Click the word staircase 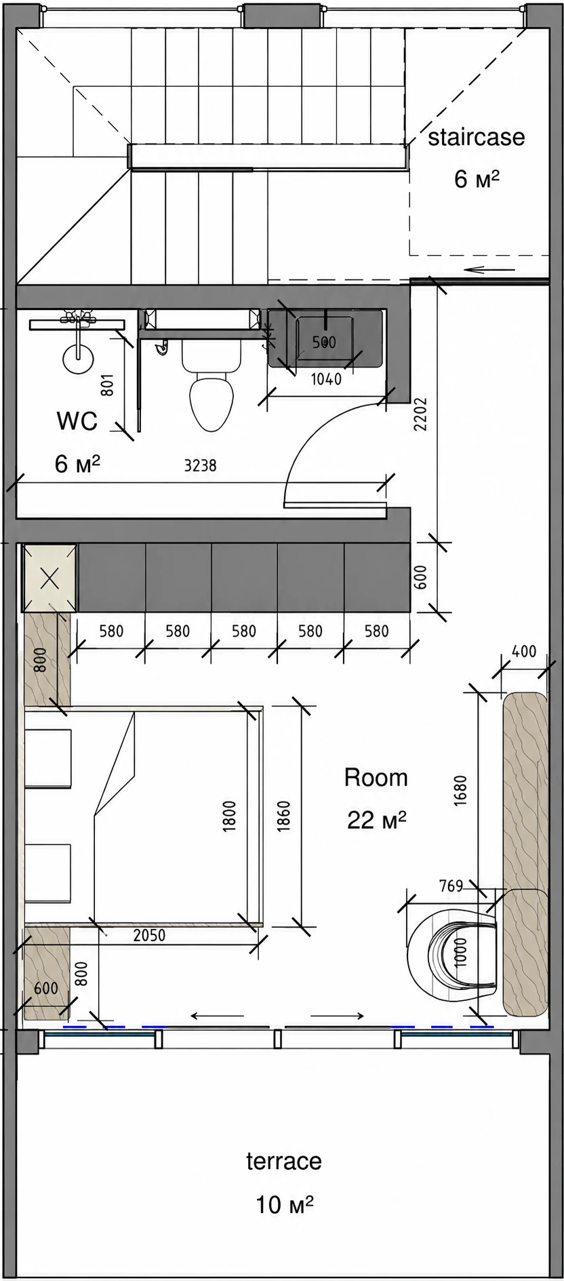click(476, 137)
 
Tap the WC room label click(77, 421)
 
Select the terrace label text click(283, 1161)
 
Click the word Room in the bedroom click(376, 777)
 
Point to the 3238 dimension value click(200, 465)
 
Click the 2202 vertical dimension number click(421, 414)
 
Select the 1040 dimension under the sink click(326, 379)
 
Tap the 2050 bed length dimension click(149, 935)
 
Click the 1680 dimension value click(461, 791)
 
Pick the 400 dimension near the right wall click(523, 652)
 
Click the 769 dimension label click(451, 886)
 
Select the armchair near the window click(452, 956)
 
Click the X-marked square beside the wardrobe click(49, 578)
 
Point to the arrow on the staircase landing click(489, 269)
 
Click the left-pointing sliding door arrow click(217, 1015)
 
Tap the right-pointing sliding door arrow click(338, 1015)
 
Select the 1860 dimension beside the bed click(284, 815)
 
